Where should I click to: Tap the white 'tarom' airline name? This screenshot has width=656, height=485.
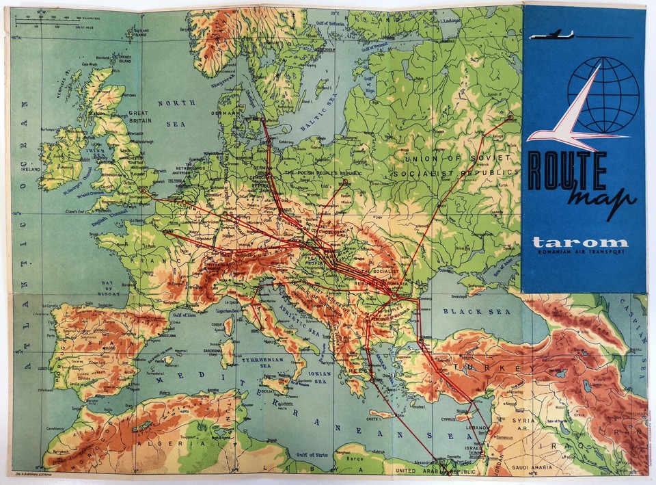pyautogui.click(x=580, y=242)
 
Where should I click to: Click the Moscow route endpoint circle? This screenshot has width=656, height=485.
pyautogui.click(x=510, y=118)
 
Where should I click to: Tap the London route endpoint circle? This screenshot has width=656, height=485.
pyautogui.click(x=143, y=193)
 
